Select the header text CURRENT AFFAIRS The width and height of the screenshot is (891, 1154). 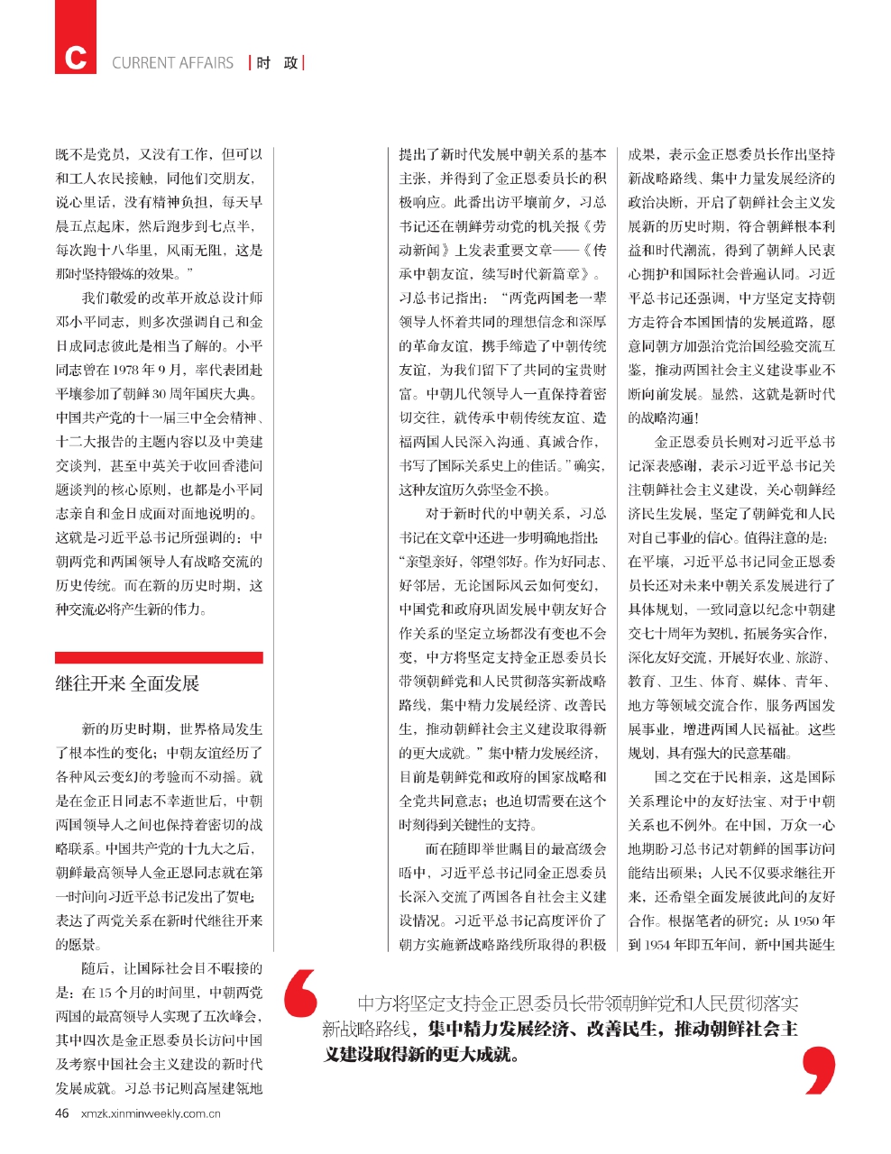(172, 63)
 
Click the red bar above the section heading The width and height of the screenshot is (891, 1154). (159, 657)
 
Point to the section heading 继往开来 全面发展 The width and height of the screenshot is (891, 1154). (127, 683)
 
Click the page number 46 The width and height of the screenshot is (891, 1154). (62, 1113)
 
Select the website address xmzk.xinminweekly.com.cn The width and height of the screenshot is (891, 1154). (151, 1113)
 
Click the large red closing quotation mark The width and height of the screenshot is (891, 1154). (818, 1071)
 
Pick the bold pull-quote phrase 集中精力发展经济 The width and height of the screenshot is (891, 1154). (494, 1029)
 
